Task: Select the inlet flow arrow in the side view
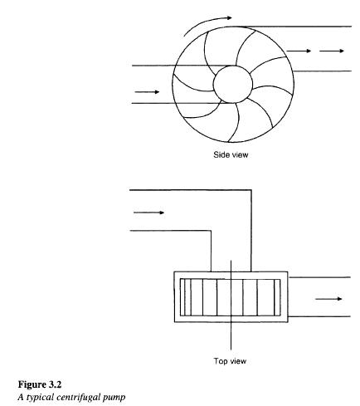pos(146,91)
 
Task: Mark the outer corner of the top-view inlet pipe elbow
pos(249,192)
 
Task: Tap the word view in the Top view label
pos(237,360)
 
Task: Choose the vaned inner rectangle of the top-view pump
pos(230,295)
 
